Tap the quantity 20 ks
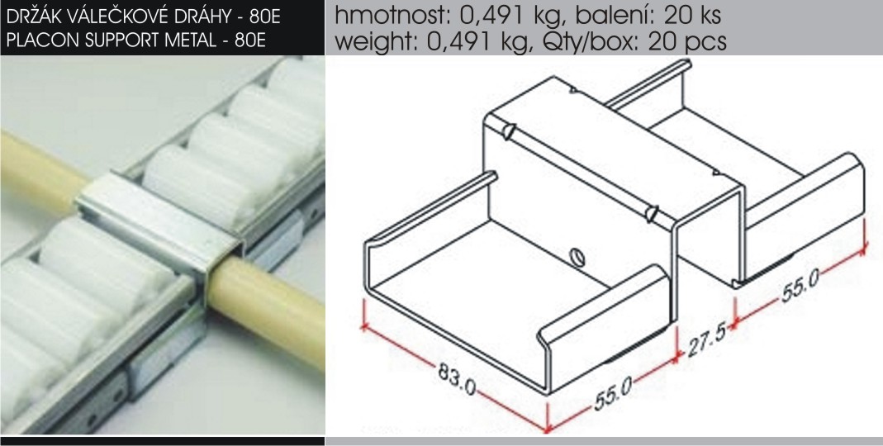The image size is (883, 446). click(693, 15)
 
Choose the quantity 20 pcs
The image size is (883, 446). click(687, 41)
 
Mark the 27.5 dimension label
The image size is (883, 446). click(706, 339)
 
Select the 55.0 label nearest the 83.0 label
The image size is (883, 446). click(613, 391)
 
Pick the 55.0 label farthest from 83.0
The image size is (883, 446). click(800, 286)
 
